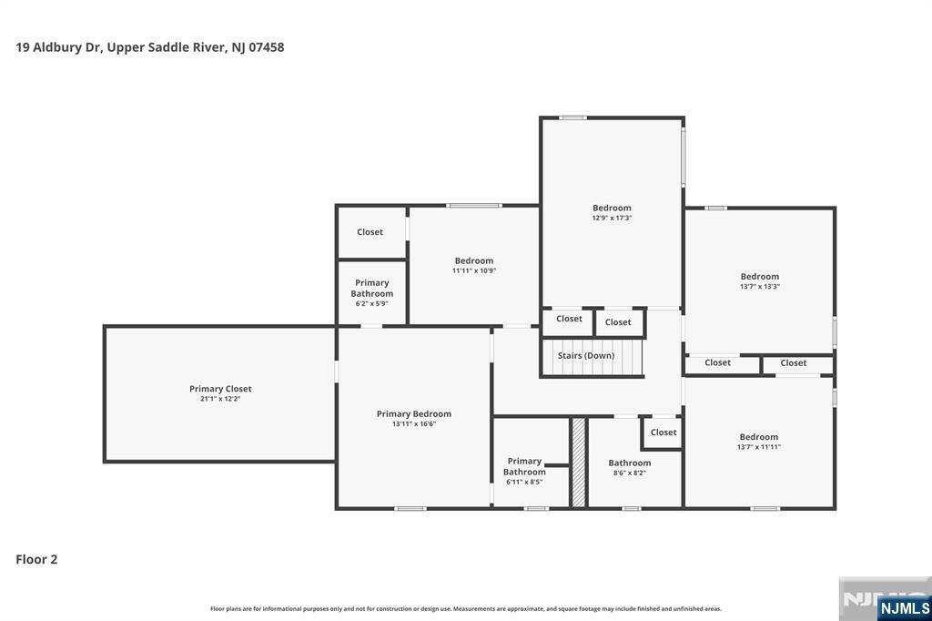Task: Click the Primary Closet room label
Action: [x=220, y=389]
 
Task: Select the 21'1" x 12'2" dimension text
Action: [x=220, y=399]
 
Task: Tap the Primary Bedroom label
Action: [x=413, y=414]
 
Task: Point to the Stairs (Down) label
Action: [x=586, y=355]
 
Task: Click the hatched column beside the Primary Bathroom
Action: [x=578, y=462]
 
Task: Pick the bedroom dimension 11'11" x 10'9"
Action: [x=474, y=270]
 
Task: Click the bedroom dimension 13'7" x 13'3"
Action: [x=759, y=287]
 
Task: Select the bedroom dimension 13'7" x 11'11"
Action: [x=758, y=447]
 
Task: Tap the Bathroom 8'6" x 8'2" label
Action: [x=630, y=467]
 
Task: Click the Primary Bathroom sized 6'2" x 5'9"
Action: [x=372, y=292]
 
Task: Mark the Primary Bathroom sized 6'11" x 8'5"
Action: [x=524, y=471]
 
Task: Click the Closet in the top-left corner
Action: [x=370, y=232]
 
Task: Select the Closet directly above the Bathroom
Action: [x=664, y=433]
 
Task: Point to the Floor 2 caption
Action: [x=36, y=559]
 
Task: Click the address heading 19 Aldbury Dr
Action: [x=150, y=47]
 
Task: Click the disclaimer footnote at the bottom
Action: [x=466, y=608]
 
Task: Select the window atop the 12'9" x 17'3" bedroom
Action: [x=572, y=117]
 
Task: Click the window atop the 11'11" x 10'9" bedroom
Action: [x=473, y=206]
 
